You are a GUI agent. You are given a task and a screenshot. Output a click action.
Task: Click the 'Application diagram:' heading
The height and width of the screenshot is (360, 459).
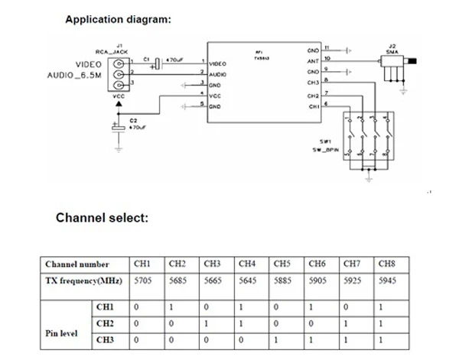[119, 18]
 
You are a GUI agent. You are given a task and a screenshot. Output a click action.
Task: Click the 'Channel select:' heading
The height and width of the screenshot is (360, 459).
[102, 219]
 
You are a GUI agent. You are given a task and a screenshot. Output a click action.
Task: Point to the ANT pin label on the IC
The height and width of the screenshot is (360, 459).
[313, 60]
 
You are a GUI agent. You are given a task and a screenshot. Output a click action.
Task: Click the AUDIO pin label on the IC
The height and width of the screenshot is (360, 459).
[218, 73]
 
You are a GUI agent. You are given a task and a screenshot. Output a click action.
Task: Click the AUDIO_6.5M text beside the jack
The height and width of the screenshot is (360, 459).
[73, 76]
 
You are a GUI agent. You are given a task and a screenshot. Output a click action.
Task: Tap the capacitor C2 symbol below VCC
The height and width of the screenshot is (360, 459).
[117, 128]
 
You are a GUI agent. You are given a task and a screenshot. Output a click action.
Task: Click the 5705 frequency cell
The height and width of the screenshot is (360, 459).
[143, 281]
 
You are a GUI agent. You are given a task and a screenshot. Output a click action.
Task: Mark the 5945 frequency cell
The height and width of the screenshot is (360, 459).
[387, 281]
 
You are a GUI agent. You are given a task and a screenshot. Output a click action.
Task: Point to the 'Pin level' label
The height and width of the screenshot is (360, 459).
[63, 334]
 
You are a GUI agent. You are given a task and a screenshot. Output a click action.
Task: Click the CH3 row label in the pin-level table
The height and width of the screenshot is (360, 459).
[106, 339]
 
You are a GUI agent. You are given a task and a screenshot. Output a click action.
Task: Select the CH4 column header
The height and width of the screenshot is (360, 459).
[246, 264]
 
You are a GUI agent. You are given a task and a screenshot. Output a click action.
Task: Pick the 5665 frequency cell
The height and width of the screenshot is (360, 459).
[213, 281]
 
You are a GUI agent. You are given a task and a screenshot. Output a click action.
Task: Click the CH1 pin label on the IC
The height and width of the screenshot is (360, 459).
[313, 107]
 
